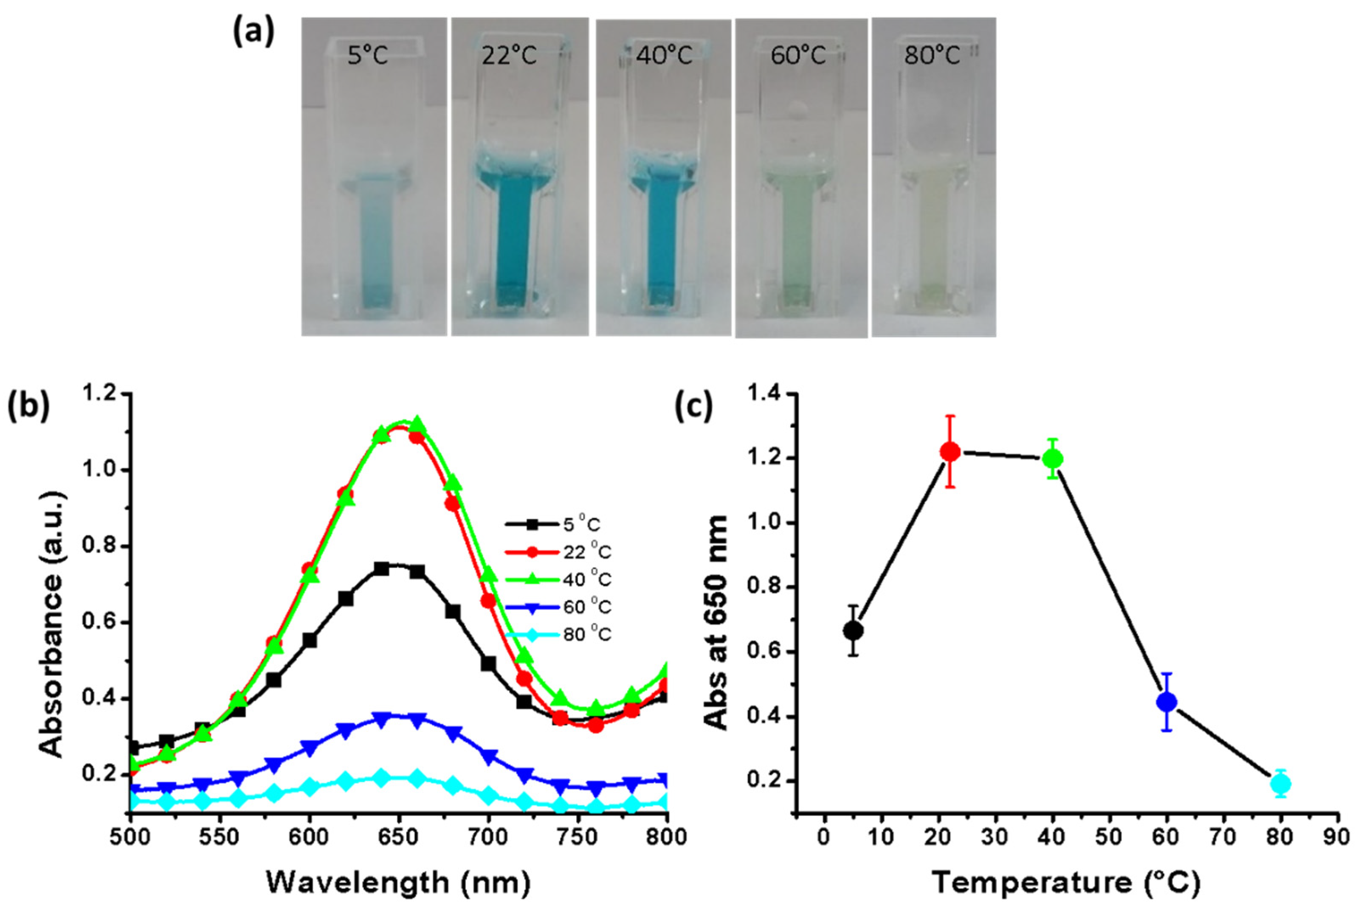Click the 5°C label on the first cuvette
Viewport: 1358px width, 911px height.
point(368,56)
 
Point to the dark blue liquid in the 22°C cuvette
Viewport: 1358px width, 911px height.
point(515,232)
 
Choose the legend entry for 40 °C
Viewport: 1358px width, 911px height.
point(587,579)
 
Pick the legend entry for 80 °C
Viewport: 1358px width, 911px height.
point(587,634)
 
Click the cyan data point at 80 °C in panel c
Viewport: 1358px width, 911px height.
point(1280,784)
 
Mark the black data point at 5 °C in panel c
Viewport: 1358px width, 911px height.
point(853,630)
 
